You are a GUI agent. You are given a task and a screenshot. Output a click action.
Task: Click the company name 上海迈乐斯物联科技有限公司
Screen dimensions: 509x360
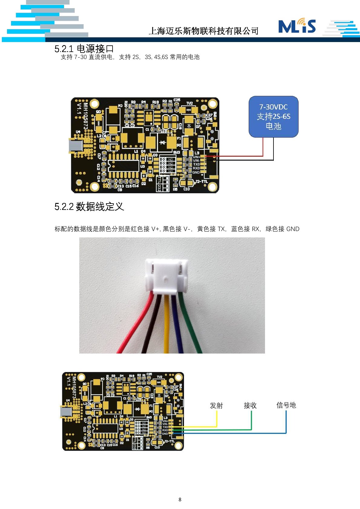pyautogui.click(x=204, y=31)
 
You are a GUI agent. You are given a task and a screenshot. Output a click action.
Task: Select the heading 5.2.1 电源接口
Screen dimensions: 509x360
pyautogui.click(x=84, y=48)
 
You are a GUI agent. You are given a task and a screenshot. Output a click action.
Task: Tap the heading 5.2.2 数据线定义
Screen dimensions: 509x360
pyautogui.click(x=89, y=207)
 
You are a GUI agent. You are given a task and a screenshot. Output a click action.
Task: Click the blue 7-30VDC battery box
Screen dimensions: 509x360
pyautogui.click(x=273, y=117)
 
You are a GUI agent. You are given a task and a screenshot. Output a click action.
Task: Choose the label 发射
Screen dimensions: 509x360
pyautogui.click(x=216, y=405)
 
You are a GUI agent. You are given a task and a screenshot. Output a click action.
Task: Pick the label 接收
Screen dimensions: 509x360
pyautogui.click(x=250, y=405)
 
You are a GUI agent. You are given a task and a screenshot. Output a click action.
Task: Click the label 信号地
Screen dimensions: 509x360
pyautogui.click(x=286, y=405)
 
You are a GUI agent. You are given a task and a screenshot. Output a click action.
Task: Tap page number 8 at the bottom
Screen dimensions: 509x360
pyautogui.click(x=180, y=499)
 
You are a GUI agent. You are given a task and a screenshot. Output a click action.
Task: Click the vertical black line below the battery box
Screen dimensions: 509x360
pyautogui.click(x=273, y=148)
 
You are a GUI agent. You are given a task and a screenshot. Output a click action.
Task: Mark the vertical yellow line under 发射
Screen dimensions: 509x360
pyautogui.click(x=217, y=419)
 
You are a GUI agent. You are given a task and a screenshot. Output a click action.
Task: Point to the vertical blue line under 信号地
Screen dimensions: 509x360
pyautogui.click(x=286, y=422)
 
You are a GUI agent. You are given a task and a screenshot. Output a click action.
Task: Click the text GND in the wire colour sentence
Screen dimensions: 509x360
pyautogui.click(x=293, y=229)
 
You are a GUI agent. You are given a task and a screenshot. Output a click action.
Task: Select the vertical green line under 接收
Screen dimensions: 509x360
pyautogui.click(x=251, y=420)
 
